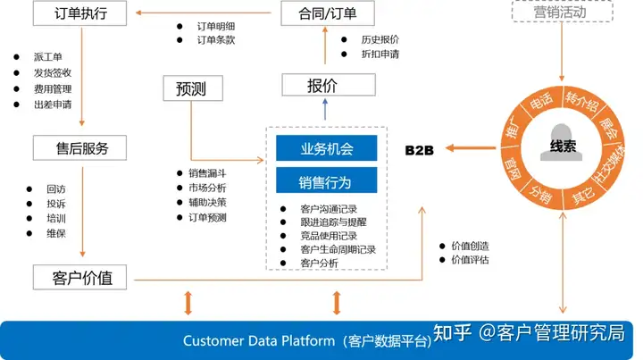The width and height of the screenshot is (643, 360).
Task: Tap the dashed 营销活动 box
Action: [x=561, y=13]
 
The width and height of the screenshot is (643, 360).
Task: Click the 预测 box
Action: [x=190, y=88]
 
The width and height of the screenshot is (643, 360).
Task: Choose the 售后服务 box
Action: [x=78, y=148]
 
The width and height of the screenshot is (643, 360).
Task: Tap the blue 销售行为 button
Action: [x=326, y=182]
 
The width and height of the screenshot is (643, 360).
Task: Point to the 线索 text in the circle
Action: [x=563, y=147]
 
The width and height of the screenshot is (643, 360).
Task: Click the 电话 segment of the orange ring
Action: [x=541, y=103]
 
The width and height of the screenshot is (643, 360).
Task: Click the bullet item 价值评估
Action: [x=471, y=260]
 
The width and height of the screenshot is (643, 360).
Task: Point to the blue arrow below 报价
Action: [x=325, y=109]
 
